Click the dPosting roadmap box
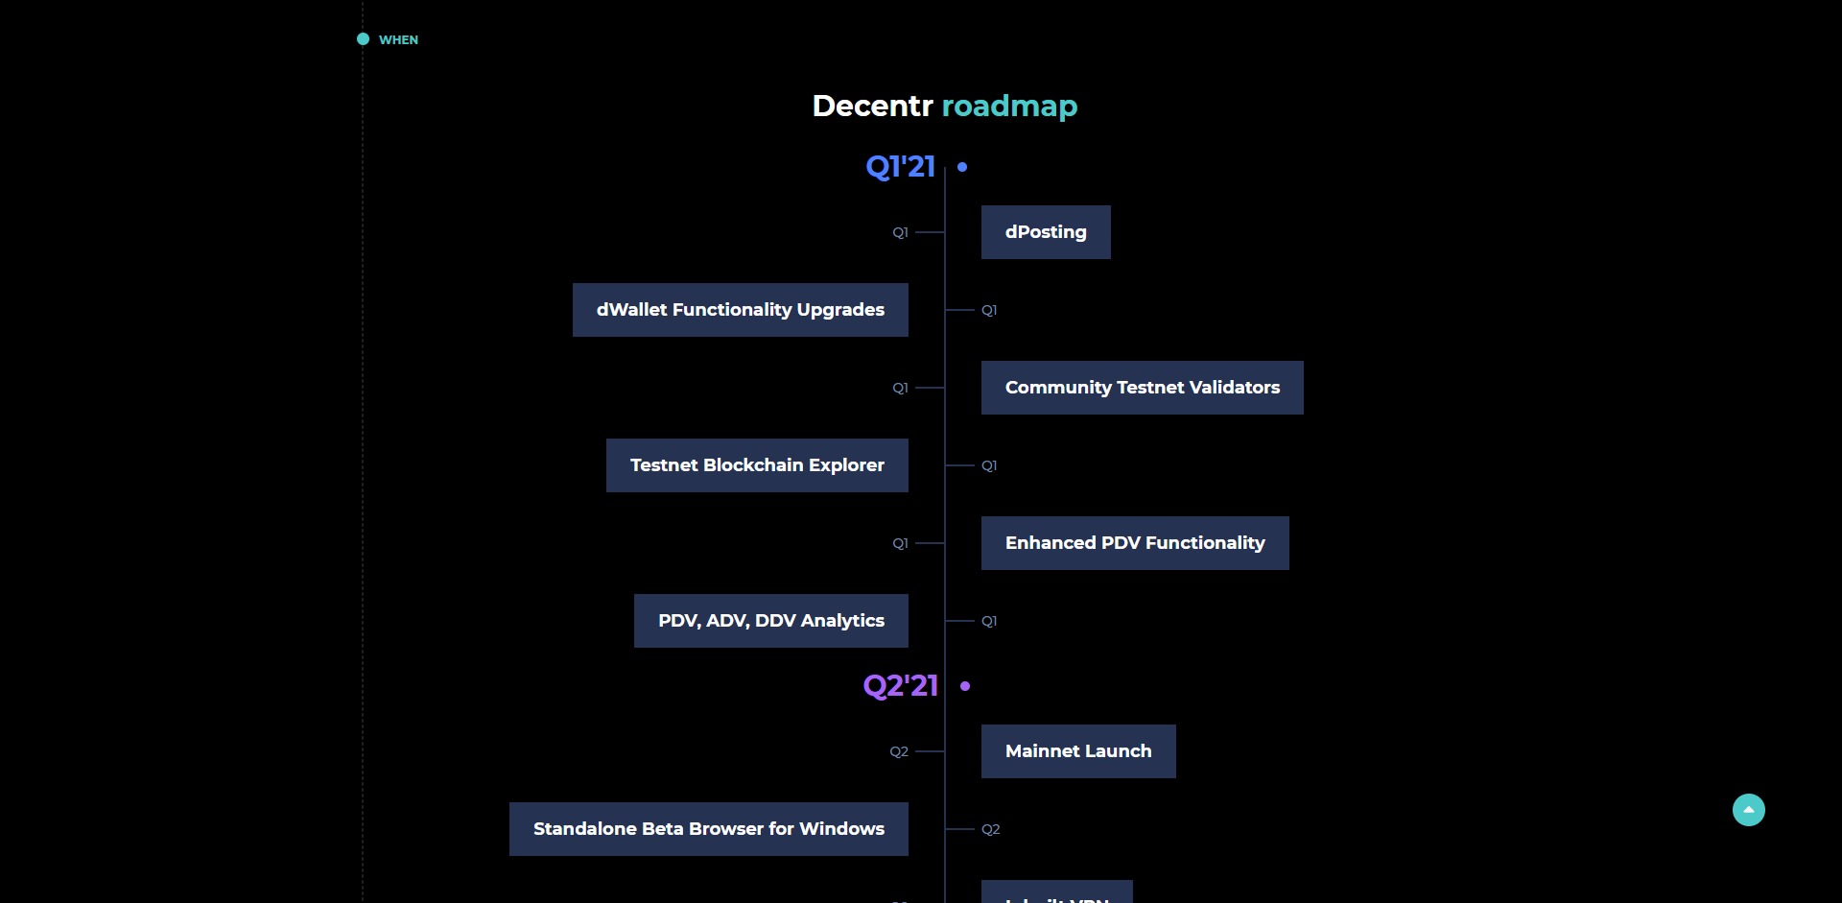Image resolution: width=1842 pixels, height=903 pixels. [x=1046, y=232]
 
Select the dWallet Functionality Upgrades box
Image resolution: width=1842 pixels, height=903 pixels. [x=740, y=310]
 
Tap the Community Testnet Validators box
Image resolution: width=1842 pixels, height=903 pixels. [x=1142, y=388]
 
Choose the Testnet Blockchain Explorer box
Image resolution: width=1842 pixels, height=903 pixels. [x=757, y=465]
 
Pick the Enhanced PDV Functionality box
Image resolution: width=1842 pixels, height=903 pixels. [x=1135, y=543]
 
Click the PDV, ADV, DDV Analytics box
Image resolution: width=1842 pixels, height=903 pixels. [x=770, y=621]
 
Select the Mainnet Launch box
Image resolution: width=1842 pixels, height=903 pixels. [x=1078, y=751]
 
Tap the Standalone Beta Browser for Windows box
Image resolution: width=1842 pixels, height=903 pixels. [x=708, y=829]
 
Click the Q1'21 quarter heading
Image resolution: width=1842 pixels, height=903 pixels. [x=900, y=167]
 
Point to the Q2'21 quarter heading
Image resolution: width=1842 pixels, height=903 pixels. [x=900, y=686]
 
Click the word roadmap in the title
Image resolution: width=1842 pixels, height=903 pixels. [x=1009, y=106]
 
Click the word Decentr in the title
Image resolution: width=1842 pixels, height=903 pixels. [x=872, y=106]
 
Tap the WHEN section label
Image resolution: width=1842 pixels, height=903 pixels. [x=398, y=39]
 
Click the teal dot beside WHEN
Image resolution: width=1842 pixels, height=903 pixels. [x=363, y=39]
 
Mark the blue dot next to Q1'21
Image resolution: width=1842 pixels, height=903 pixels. [x=962, y=167]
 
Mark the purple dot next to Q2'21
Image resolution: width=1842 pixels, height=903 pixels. [x=965, y=686]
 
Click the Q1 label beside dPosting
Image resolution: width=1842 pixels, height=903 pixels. [x=900, y=232]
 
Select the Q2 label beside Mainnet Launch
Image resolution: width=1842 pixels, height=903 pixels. [x=898, y=751]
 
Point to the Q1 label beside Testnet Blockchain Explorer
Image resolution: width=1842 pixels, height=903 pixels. [x=989, y=465]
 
